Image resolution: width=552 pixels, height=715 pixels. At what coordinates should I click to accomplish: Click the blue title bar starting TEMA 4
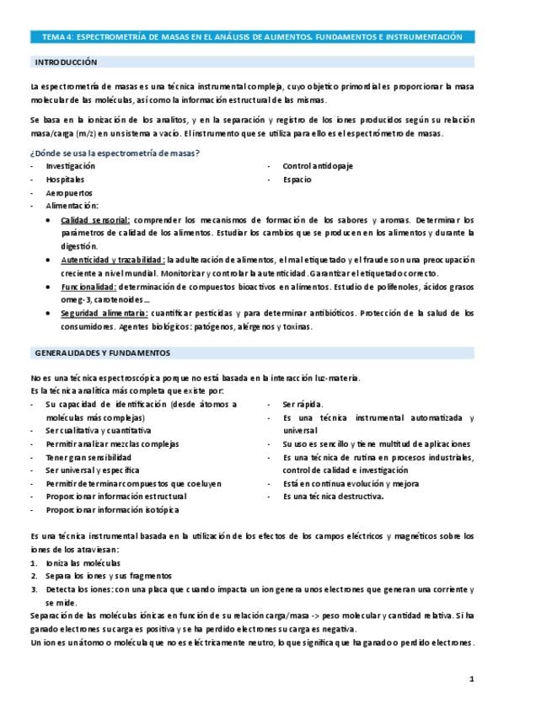click(x=253, y=37)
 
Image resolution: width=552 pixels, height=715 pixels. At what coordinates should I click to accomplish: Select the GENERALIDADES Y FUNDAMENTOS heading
click(x=102, y=352)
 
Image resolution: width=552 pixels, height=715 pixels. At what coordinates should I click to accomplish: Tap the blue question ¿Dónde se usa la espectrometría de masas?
click(x=115, y=153)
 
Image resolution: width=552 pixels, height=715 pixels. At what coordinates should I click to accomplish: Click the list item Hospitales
click(x=65, y=180)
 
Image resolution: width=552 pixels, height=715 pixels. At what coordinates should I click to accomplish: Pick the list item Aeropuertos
click(x=68, y=193)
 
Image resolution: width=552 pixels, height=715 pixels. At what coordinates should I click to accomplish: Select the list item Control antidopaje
click(x=317, y=166)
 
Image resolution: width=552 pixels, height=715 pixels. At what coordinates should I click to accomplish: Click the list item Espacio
click(x=297, y=180)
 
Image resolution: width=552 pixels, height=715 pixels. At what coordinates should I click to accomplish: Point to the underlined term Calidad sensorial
click(x=95, y=220)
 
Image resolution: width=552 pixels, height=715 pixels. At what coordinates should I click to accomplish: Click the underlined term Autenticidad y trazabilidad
click(x=112, y=260)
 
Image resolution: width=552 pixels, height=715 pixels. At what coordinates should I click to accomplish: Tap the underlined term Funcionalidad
click(x=88, y=287)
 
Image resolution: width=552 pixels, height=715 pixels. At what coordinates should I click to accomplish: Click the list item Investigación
click(x=71, y=166)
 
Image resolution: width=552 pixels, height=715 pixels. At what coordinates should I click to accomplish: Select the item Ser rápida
click(x=303, y=404)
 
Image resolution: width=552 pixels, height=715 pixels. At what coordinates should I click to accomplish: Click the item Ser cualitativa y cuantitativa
click(x=99, y=430)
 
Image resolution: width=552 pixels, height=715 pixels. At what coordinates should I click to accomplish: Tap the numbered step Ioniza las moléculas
click(x=83, y=562)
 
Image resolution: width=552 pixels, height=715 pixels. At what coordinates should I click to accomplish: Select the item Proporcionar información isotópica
click(x=112, y=510)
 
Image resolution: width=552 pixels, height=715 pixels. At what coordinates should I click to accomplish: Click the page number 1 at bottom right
click(x=472, y=679)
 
